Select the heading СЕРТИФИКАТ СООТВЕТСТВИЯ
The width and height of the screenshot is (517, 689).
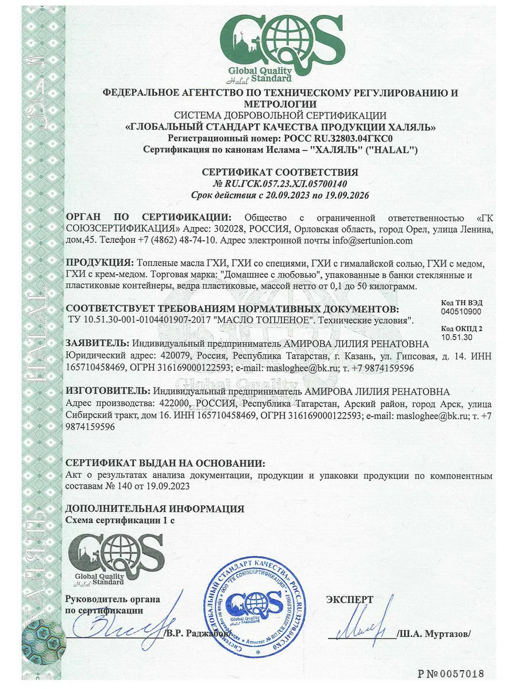pos(280,172)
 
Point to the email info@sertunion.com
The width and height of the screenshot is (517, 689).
pos(372,241)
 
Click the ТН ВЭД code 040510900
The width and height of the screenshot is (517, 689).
pos(462,311)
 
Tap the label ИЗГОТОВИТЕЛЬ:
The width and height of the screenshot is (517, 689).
pos(103,392)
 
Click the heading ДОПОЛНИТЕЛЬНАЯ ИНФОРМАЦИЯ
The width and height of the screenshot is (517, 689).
pos(155,509)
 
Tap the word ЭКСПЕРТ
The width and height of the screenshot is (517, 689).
pos(350,599)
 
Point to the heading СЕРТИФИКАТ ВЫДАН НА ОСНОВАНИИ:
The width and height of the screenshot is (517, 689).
pos(165,463)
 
